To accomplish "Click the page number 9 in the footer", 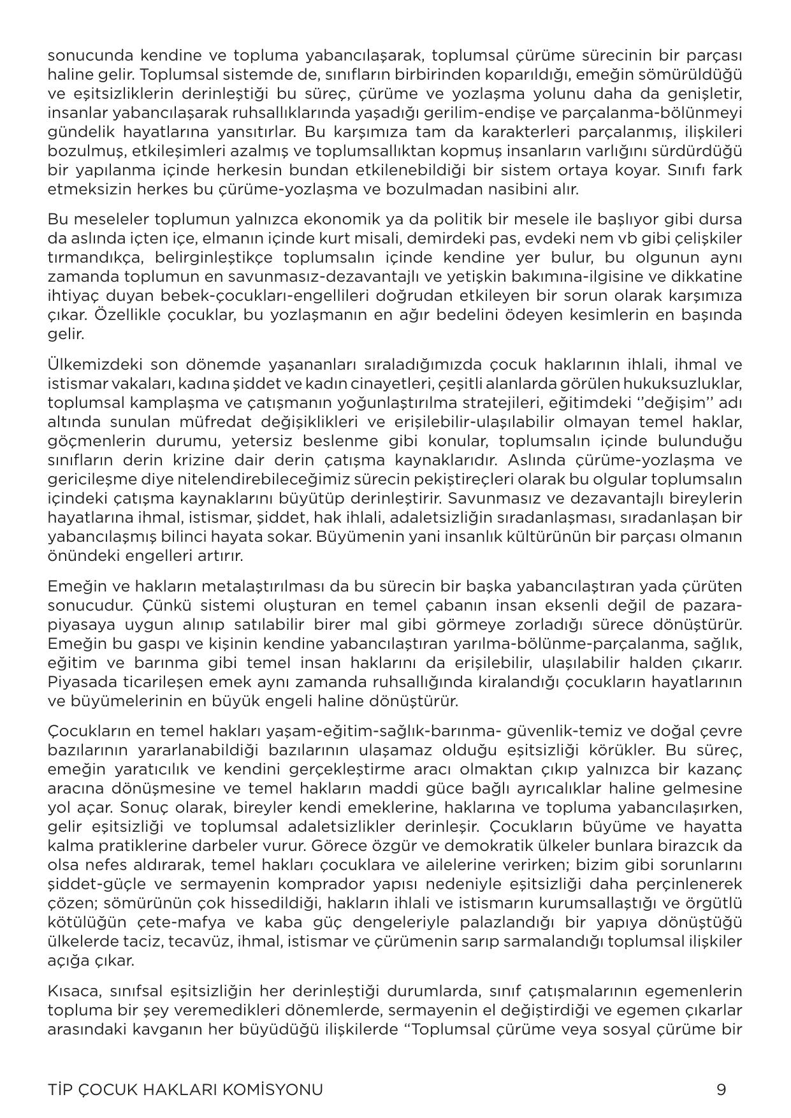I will pyautogui.click(x=721, y=1089).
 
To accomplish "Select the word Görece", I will pyautogui.click(x=339, y=846).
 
